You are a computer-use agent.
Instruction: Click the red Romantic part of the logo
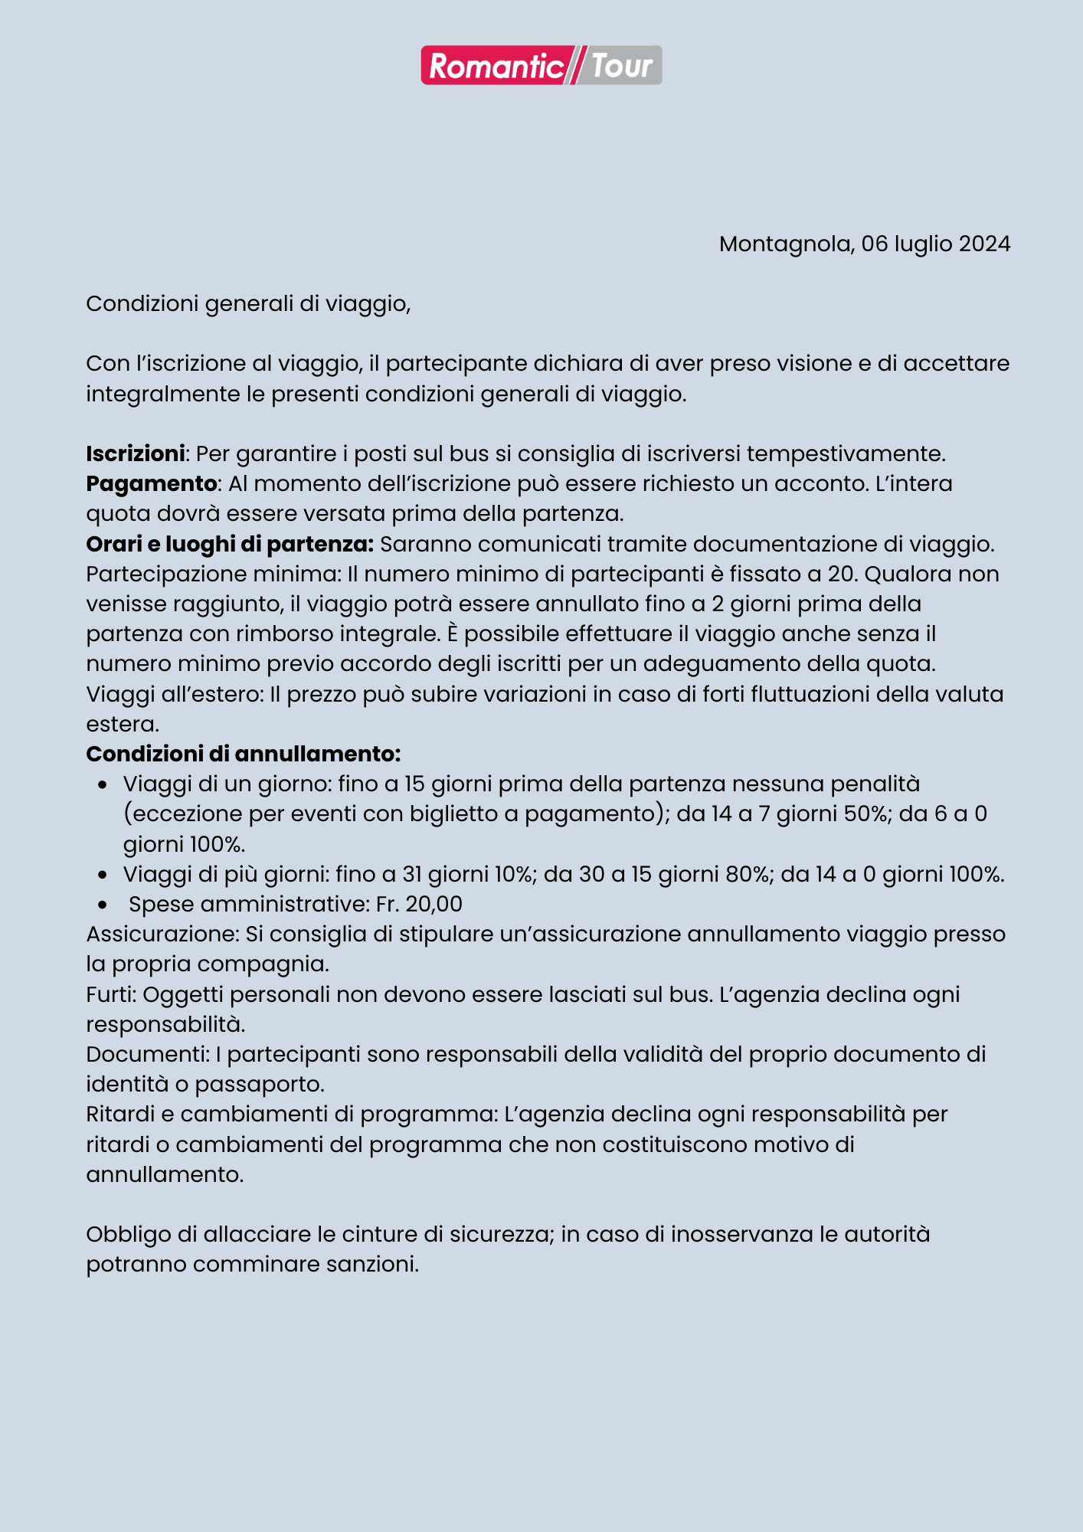pos(495,66)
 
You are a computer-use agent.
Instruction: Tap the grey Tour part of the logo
pos(622,66)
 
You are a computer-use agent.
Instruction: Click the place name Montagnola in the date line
pos(785,244)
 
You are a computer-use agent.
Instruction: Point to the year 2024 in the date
pos(984,244)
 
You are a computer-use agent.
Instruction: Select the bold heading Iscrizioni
pos(136,453)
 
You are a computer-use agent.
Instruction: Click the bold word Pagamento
pos(151,483)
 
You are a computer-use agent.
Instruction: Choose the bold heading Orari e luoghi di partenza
pos(230,544)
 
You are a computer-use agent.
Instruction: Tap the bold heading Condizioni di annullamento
pos(243,754)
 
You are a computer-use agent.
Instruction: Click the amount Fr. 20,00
pos(419,904)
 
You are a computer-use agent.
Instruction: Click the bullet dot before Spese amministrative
pos(103,905)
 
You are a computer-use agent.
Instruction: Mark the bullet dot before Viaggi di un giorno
pos(103,785)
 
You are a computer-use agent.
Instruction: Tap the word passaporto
pos(260,1085)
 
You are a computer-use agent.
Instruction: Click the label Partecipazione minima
pos(212,574)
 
